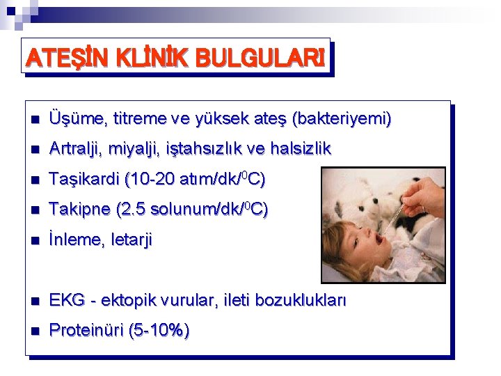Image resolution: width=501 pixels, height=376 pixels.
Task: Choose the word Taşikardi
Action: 83,180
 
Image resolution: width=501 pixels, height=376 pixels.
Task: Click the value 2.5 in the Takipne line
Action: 134,210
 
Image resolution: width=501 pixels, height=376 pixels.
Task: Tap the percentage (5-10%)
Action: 159,331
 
